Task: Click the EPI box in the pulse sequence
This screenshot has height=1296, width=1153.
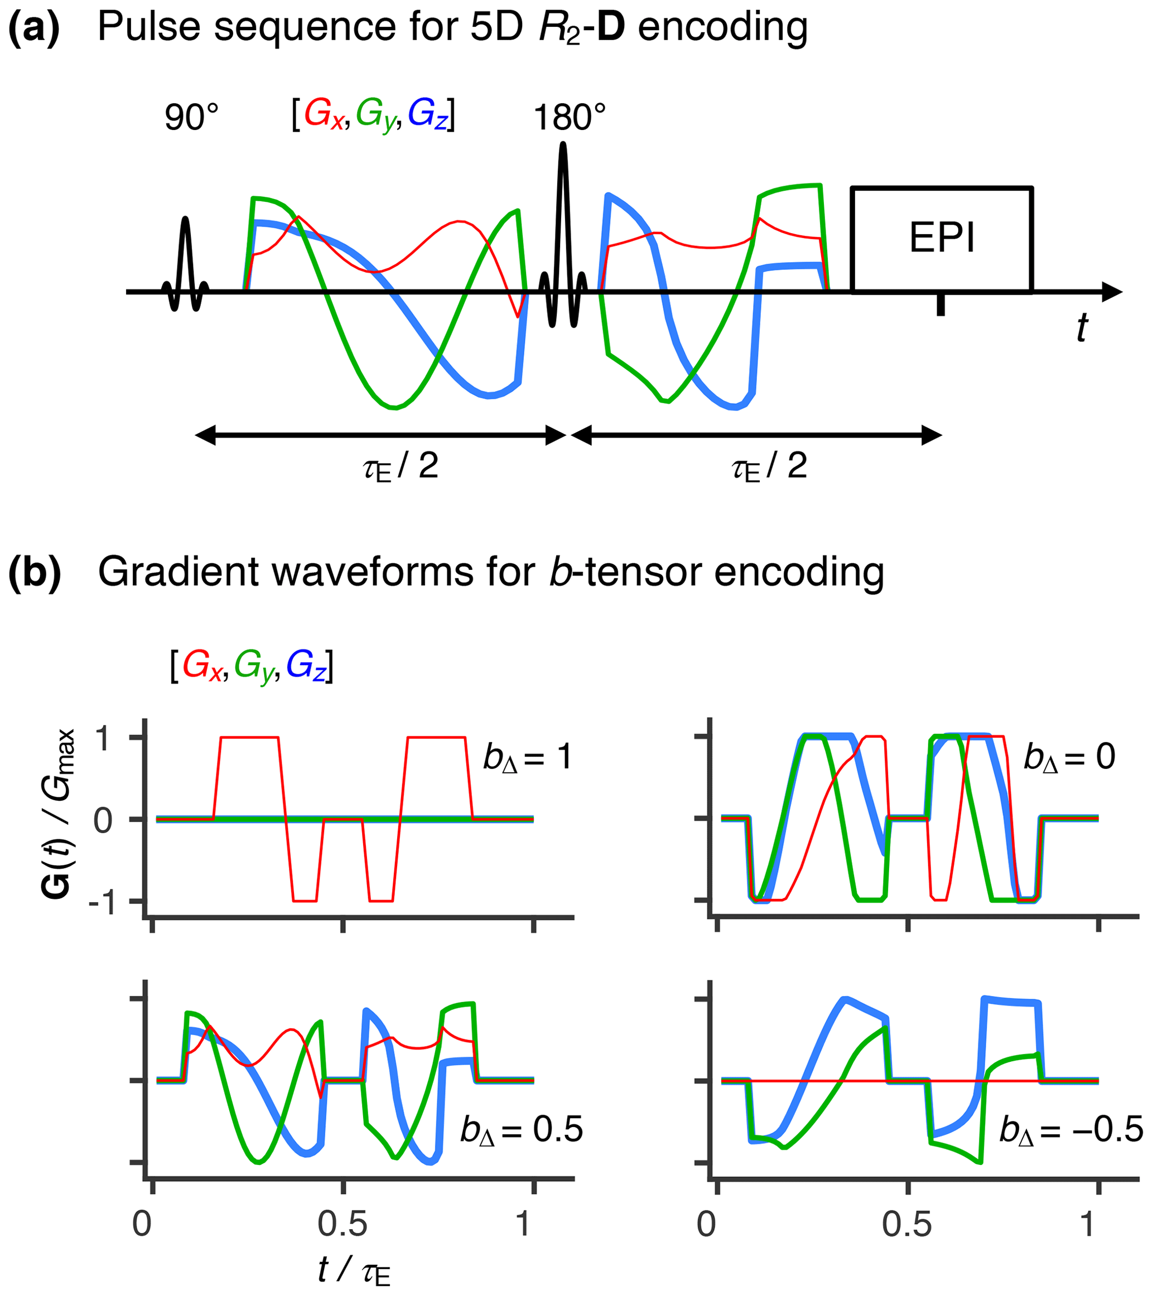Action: pyautogui.click(x=941, y=240)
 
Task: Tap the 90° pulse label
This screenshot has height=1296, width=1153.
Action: pyautogui.click(x=191, y=118)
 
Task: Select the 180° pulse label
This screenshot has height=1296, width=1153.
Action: pyautogui.click(x=569, y=118)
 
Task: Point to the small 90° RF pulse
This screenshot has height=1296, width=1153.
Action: pyautogui.click(x=185, y=267)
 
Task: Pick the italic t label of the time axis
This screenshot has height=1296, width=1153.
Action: pyautogui.click(x=1082, y=328)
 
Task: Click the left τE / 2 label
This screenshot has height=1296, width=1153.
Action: pyautogui.click(x=400, y=467)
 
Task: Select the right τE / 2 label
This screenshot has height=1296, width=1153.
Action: pyautogui.click(x=769, y=467)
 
